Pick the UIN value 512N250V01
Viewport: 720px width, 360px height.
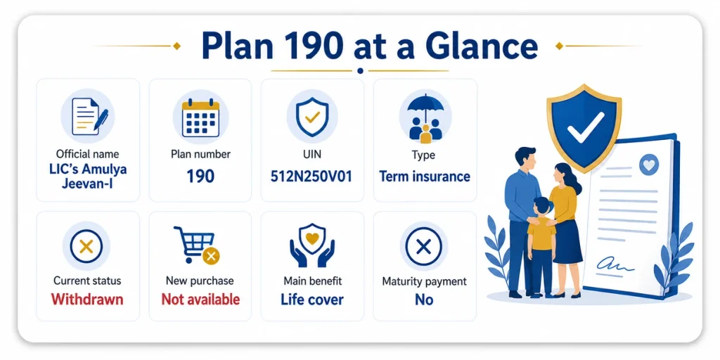(x=312, y=176)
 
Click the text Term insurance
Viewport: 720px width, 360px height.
(x=425, y=176)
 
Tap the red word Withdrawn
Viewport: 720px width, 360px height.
(x=87, y=300)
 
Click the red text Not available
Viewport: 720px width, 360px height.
(x=200, y=300)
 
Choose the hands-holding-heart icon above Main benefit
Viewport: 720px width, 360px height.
(x=312, y=245)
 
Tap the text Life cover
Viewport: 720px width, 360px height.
(x=312, y=300)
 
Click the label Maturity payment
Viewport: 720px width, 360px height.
(x=424, y=281)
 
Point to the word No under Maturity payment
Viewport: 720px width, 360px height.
(x=424, y=300)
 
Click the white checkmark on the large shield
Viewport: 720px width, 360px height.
(x=586, y=127)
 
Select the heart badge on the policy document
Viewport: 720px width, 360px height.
(x=649, y=165)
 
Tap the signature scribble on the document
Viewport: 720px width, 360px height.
(x=615, y=265)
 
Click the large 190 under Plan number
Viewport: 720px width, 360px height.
(x=200, y=176)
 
